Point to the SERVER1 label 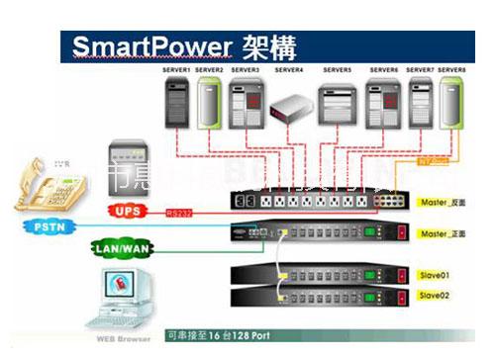click(x=178, y=71)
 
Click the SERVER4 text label click(x=289, y=71)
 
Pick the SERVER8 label click(x=451, y=71)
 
